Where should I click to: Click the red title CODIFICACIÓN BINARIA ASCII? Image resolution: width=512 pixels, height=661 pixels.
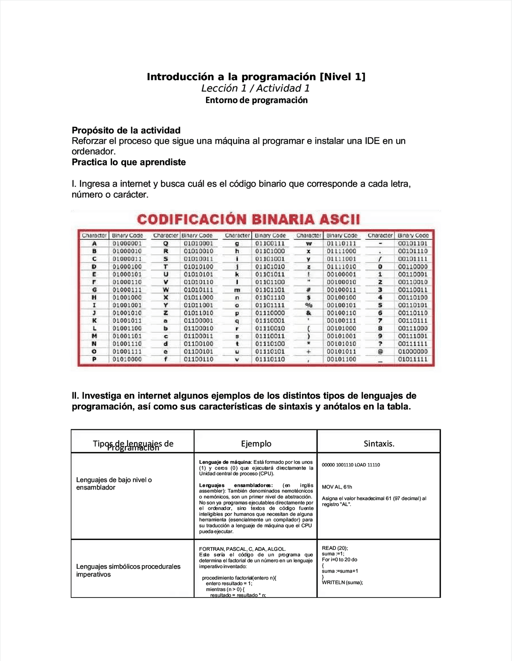coord(248,219)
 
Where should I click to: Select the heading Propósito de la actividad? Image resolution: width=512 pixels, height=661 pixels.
coord(126,130)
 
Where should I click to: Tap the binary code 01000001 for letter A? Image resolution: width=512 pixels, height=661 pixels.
coord(127,243)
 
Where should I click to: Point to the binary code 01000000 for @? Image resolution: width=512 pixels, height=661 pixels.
coord(412,351)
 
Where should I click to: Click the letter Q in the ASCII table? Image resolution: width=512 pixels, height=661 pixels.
coord(166,243)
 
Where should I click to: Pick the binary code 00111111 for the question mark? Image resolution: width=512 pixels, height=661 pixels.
coord(412,344)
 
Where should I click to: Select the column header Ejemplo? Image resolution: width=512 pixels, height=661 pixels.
coord(256,443)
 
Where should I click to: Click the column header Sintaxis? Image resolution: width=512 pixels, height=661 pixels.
coord(379,443)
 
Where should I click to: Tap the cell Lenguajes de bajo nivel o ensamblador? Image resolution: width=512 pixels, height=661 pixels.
coord(114,484)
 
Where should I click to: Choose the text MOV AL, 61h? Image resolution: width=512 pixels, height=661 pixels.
coord(337,487)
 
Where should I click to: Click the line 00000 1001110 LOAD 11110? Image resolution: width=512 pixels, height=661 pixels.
coord(351,465)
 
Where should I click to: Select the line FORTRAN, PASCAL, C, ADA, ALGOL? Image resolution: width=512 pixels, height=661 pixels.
coord(242,549)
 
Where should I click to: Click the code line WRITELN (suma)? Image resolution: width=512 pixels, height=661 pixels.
coord(342,582)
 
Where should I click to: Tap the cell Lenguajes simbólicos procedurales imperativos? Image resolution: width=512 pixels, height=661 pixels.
coord(128,570)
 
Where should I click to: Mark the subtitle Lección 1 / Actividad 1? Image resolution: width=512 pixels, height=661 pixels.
coord(255,88)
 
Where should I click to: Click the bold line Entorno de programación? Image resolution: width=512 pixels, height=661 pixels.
coord(256,100)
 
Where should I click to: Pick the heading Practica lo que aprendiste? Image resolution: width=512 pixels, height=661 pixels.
coord(129,162)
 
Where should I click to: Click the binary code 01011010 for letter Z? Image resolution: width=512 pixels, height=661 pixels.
coord(198,313)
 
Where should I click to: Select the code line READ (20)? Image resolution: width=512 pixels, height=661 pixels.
coord(335,548)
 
